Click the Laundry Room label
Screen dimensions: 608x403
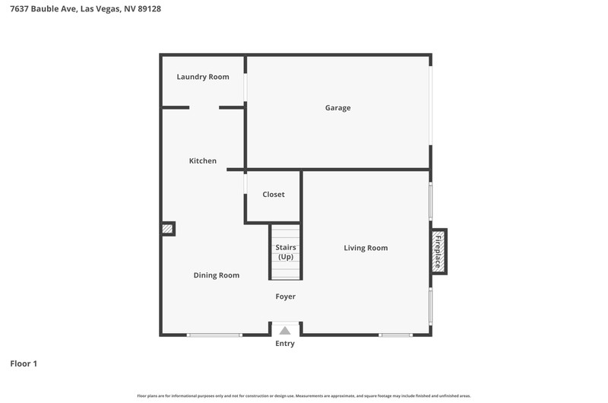tap(203, 77)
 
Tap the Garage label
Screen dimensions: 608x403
tap(337, 108)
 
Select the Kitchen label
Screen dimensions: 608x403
tap(203, 160)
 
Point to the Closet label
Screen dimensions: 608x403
tap(274, 195)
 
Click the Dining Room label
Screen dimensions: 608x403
tap(217, 275)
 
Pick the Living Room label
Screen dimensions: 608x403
tap(366, 248)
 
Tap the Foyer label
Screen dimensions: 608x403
tap(286, 297)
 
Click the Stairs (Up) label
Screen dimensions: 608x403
tap(286, 252)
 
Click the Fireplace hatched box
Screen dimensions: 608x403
tap(439, 252)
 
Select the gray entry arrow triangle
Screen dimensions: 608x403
tap(285, 331)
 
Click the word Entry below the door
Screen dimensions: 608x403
tap(285, 344)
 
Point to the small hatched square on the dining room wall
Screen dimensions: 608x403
tap(167, 229)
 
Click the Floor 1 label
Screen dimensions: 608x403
tap(24, 363)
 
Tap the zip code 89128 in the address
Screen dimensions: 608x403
tap(149, 8)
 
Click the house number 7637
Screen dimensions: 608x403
tap(19, 8)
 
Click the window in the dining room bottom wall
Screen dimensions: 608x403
tap(214, 335)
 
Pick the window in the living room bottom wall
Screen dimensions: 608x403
tap(395, 335)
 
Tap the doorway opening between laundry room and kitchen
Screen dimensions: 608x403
tap(204, 107)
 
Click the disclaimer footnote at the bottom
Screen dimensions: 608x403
tap(304, 396)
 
